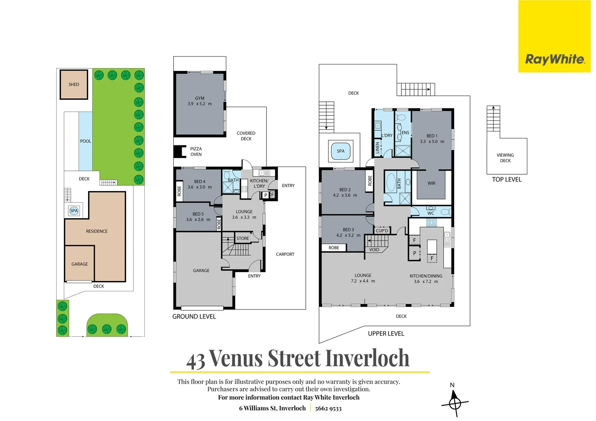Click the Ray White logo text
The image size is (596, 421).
pyautogui.click(x=554, y=59)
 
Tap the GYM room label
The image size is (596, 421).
pyautogui.click(x=199, y=99)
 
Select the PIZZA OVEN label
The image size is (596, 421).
pyautogui.click(x=196, y=152)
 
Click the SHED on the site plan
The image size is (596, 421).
pyautogui.click(x=74, y=85)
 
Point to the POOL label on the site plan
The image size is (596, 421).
pyautogui.click(x=85, y=141)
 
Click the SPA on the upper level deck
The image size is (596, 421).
pyautogui.click(x=341, y=151)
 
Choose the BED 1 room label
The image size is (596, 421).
pyautogui.click(x=432, y=136)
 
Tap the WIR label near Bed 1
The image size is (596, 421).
pyautogui.click(x=431, y=183)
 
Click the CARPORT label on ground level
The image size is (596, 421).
pyautogui.click(x=285, y=254)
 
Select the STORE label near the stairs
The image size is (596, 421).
pyautogui.click(x=243, y=239)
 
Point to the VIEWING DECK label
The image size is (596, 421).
pyautogui.click(x=505, y=158)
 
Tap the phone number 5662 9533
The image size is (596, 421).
pyautogui.click(x=328, y=409)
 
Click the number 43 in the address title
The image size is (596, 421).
pyautogui.click(x=195, y=361)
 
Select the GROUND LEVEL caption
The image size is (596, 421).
pyautogui.click(x=194, y=317)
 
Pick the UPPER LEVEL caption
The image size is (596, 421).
pyautogui.click(x=386, y=334)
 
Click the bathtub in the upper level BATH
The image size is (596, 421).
pyautogui.click(x=390, y=182)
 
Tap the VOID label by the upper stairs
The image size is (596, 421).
pyautogui.click(x=374, y=250)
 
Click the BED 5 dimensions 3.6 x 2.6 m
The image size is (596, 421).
pyautogui.click(x=198, y=220)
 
